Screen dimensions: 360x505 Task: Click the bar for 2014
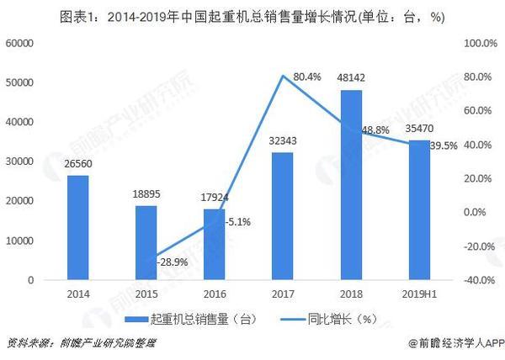click(x=77, y=227)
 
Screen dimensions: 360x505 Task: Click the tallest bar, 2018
click(x=351, y=184)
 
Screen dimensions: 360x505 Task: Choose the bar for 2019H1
click(x=419, y=209)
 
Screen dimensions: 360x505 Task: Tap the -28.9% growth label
click(x=173, y=263)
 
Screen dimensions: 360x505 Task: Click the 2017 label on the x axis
click(x=283, y=294)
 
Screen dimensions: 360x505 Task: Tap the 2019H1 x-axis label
click(x=419, y=294)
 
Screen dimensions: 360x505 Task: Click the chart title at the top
click(x=252, y=15)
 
